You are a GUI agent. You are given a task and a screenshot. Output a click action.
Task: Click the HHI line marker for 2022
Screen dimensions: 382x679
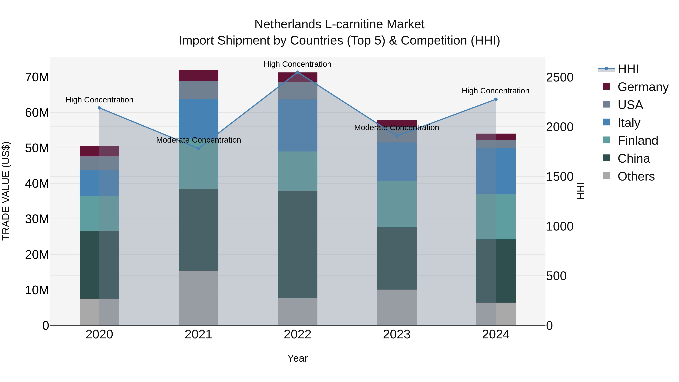[x=298, y=72]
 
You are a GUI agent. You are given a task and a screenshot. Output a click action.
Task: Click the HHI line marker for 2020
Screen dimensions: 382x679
[x=99, y=108]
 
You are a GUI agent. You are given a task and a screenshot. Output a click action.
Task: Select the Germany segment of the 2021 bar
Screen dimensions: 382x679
[x=198, y=76]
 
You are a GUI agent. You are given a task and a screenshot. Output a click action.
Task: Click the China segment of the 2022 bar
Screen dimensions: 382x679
[x=298, y=244]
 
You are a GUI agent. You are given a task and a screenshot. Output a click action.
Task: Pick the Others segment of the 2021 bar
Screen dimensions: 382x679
[x=198, y=298]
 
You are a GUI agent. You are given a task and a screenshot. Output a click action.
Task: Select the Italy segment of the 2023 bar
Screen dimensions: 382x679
[x=397, y=162]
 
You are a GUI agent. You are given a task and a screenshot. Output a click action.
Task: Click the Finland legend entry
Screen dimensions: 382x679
[x=638, y=141]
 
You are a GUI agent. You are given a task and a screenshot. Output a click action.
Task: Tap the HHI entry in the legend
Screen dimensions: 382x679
[x=628, y=69]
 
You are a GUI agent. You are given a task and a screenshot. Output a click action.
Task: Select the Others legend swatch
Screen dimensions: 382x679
[x=606, y=176]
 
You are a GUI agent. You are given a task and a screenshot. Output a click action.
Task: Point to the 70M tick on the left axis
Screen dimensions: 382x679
[x=37, y=77]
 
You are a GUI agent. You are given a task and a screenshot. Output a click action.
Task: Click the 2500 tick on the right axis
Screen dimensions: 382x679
[x=559, y=78]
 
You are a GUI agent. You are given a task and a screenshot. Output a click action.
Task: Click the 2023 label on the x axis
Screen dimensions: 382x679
[x=397, y=334]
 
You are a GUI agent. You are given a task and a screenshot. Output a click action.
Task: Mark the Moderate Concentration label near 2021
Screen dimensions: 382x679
[x=198, y=140]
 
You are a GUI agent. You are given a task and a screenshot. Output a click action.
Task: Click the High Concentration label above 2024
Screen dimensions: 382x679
[x=495, y=91]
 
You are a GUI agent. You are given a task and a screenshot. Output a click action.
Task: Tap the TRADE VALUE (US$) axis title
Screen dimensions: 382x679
[x=6, y=191]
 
